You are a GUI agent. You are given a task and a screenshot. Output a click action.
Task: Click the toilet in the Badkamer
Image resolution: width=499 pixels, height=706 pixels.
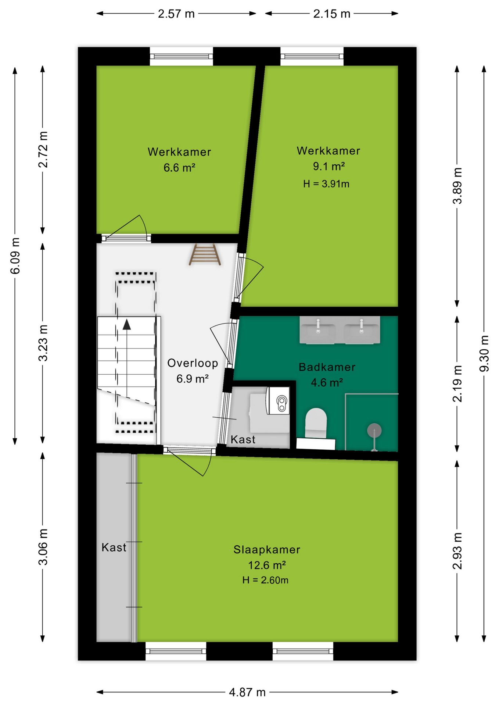tap(316, 423)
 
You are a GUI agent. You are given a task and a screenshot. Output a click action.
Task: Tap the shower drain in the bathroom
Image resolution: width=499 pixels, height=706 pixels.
tap(374, 430)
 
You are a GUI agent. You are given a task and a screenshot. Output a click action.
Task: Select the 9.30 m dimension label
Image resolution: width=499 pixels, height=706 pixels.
tap(484, 353)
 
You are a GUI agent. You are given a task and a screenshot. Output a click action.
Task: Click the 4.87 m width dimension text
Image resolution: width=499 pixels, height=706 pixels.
tap(247, 692)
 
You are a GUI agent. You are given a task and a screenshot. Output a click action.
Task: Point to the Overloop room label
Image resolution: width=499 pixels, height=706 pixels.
tap(193, 363)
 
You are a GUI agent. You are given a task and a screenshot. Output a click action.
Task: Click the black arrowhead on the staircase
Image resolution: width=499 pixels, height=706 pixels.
tap(127, 324)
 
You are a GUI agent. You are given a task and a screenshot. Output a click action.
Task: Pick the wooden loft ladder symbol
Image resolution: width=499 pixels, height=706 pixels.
tap(205, 254)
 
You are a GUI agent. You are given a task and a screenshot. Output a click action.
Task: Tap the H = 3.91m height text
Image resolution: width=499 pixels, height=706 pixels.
tap(326, 184)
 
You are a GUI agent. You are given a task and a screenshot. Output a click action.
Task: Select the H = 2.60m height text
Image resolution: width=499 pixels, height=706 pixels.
tap(265, 580)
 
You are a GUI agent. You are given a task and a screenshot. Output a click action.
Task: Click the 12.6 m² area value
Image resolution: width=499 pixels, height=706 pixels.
tap(267, 565)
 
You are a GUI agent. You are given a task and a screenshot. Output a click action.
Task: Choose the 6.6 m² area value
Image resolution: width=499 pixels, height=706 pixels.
tap(179, 168)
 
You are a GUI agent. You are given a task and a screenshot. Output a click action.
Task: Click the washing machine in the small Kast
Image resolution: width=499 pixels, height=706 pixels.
tap(278, 400)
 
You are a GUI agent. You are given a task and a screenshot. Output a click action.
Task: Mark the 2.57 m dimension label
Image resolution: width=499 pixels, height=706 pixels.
tap(176, 14)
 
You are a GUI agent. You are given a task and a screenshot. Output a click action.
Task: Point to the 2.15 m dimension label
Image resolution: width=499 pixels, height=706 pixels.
tap(332, 14)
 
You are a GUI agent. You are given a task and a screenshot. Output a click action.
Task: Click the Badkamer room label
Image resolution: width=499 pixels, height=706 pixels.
tap(327, 367)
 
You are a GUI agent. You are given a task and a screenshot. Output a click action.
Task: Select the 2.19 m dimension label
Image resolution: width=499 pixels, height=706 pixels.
tap(457, 384)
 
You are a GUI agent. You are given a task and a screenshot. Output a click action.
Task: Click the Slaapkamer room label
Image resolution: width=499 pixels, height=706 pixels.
tap(267, 550)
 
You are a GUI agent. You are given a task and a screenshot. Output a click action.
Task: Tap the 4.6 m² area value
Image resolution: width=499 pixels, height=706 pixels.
tap(327, 383)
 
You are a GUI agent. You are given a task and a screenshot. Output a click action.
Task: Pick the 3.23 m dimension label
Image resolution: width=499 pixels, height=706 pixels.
tap(43, 343)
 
